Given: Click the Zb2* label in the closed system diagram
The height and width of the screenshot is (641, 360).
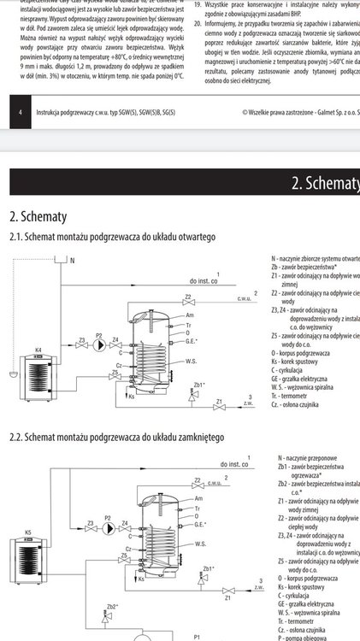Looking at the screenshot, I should pos(112,605).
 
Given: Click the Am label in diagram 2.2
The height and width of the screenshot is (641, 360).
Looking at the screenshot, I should pos(199,497).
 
